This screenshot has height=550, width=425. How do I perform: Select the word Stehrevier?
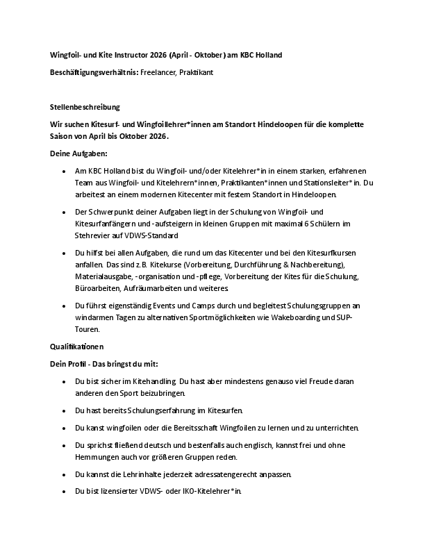coord(92,236)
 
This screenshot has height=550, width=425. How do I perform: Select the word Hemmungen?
coord(97,457)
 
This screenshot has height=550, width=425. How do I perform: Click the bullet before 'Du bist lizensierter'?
coord(63,491)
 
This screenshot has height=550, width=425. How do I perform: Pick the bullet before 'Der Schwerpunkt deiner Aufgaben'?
coord(63,210)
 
